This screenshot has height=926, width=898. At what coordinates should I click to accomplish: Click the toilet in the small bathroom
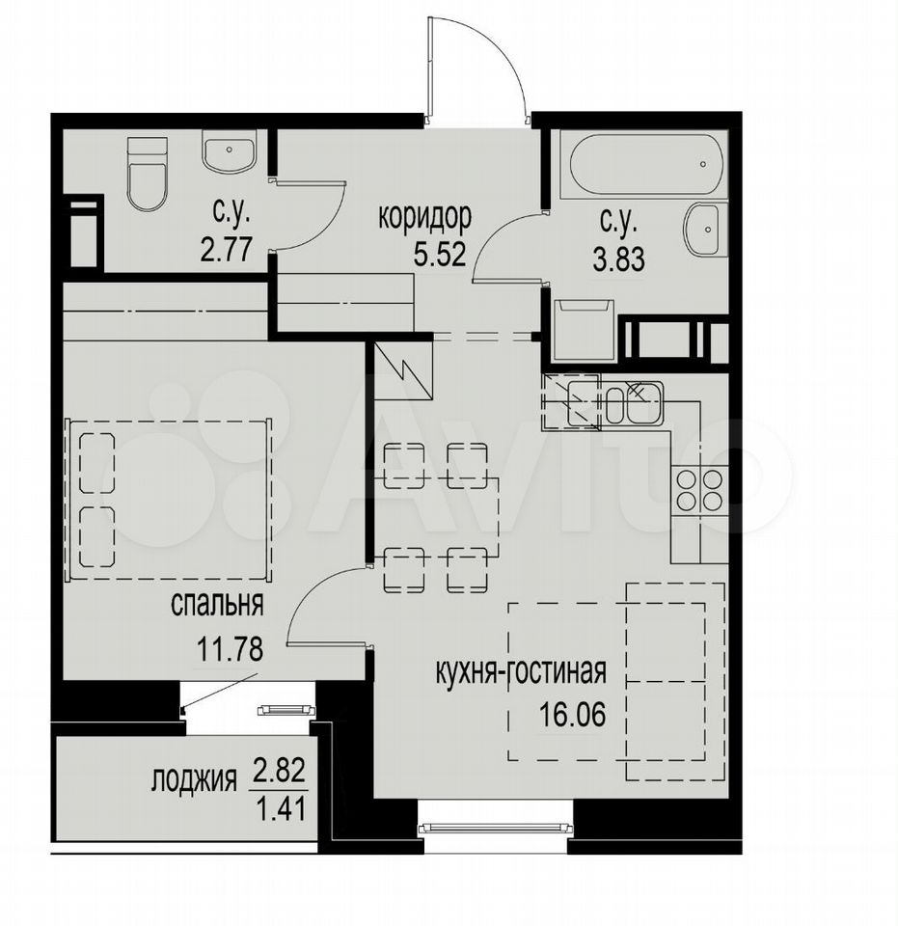[147, 175]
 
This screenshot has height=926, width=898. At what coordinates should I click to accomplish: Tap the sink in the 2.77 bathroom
[229, 150]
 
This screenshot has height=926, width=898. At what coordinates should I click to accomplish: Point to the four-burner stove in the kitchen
[699, 490]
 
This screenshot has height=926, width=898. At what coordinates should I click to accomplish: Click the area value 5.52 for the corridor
[440, 255]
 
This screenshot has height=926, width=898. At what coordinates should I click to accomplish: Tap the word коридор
[424, 217]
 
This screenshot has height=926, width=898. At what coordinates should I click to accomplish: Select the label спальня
[217, 605]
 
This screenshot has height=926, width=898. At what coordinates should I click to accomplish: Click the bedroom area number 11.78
[229, 649]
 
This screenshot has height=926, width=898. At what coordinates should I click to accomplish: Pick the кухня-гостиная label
[521, 671]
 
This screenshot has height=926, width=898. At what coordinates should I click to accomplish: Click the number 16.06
[572, 715]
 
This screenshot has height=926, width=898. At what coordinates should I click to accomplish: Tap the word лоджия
[194, 779]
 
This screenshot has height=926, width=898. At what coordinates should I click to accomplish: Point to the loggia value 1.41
[280, 808]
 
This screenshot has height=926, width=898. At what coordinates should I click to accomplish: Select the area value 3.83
[618, 259]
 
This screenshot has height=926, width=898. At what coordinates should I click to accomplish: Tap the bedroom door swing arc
[309, 590]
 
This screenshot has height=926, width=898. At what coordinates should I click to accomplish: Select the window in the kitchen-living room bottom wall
[496, 829]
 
